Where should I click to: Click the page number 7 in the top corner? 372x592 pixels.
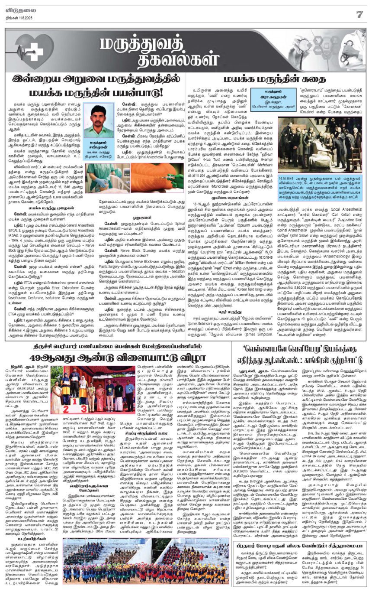[359, 14]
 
